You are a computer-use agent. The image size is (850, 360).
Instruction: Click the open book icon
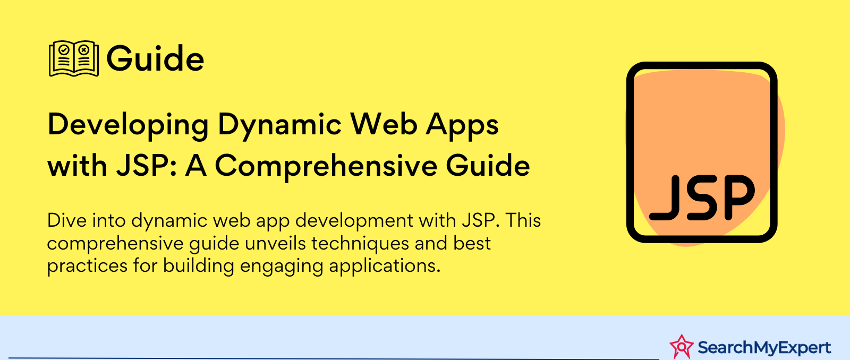click(74, 58)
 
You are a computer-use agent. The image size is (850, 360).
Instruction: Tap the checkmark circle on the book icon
click(64, 50)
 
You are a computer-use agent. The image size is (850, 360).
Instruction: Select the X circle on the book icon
click(84, 50)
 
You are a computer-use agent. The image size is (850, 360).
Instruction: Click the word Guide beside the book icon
click(155, 59)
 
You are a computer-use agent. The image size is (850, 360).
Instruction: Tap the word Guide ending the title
click(488, 166)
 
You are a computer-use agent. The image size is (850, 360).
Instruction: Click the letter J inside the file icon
click(664, 198)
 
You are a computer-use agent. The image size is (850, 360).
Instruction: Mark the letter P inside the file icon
click(739, 198)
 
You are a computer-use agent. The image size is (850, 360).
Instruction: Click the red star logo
click(682, 347)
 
